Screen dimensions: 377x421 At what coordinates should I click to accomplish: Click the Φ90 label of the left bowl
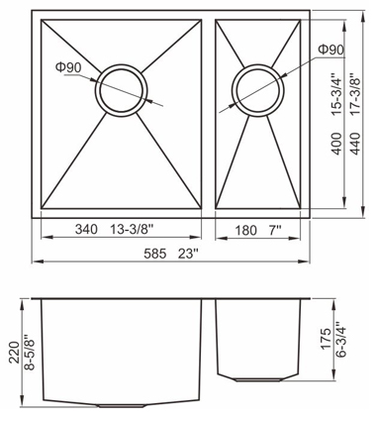(68, 67)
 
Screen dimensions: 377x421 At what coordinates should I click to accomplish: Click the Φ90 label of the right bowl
(330, 50)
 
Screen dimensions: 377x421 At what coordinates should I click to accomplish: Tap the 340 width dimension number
(86, 229)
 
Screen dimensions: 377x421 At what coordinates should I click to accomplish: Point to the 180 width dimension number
(245, 230)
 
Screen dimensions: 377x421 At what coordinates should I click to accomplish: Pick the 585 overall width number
(155, 254)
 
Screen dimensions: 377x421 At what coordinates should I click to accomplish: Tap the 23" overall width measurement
(188, 254)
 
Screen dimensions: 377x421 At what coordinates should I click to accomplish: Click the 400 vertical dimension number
(336, 144)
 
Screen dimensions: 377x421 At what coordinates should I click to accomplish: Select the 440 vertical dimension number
(356, 144)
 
